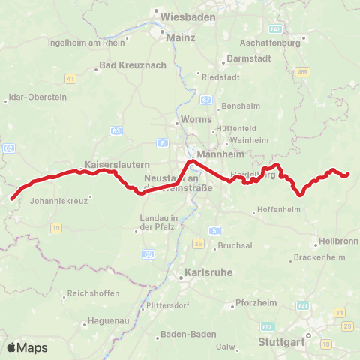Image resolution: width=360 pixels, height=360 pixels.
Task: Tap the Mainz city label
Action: [182, 37]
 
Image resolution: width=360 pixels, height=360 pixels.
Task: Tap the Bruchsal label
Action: [235, 246]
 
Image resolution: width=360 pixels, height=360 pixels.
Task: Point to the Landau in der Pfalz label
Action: [158, 222]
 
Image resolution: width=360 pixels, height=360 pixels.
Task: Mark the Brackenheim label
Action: [319, 257]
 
